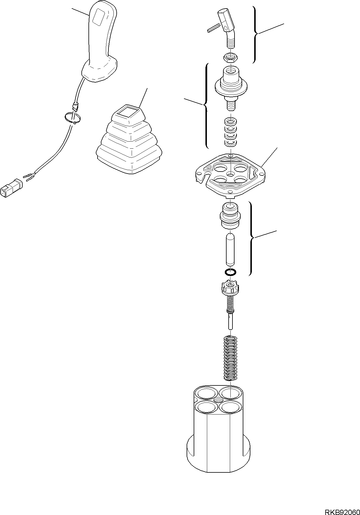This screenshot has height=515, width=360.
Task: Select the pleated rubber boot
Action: [129, 141]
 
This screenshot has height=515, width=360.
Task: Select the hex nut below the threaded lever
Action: [230, 57]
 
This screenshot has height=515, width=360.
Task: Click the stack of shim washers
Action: [230, 132]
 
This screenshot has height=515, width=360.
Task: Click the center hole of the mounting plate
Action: [230, 174]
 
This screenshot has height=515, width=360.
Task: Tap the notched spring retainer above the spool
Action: [230, 286]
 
